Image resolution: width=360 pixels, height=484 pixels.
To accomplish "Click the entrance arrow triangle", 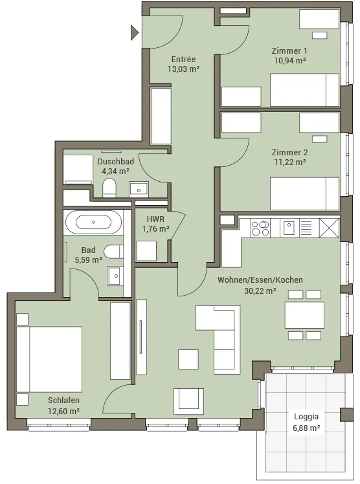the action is tap(134, 32).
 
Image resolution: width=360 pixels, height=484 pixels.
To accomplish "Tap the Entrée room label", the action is tap(183, 59).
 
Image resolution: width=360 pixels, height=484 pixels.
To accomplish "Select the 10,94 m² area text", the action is tap(290, 61).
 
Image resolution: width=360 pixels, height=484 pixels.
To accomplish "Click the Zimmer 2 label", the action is tap(289, 152).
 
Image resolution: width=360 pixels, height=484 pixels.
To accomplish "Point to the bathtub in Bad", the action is tap(93, 222).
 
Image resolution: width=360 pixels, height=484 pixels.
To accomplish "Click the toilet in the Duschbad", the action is tap(109, 187).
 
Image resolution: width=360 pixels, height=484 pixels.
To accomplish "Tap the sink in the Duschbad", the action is tap(139, 189).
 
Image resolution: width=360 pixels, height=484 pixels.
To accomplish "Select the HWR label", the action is tap(155, 219).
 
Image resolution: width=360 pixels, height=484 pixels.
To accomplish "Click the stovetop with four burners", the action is tap(260, 228).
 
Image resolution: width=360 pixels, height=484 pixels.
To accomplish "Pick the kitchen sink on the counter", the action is tap(289, 228).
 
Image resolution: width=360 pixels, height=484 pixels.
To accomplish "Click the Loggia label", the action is tap(306, 417).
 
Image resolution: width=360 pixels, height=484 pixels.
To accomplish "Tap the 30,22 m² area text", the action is tap(260, 291).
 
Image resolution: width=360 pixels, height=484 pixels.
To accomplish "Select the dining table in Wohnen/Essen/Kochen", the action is tap(304, 315).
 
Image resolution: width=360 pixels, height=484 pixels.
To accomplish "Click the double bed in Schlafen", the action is tap(49, 359).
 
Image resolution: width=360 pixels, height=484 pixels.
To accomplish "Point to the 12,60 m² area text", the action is tap(63, 411).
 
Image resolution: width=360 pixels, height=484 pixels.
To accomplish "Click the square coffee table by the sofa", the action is tap(188, 359).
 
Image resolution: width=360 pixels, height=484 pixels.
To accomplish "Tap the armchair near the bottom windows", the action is tap(188, 401).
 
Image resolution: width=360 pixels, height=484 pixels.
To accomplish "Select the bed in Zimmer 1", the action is tap(304, 90).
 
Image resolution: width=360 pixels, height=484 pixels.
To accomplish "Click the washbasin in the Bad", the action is tap(115, 276).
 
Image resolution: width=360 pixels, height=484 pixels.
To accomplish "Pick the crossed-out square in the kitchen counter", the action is tap(329, 228).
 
